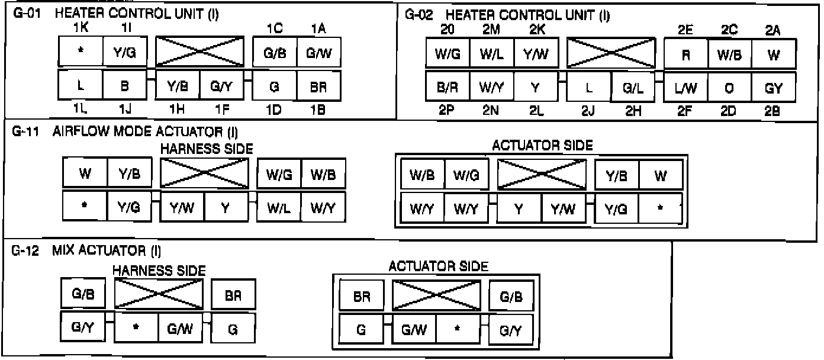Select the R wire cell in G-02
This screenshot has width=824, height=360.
(685, 54)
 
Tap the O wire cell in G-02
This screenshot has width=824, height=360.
(729, 88)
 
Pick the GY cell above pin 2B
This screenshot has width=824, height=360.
(773, 88)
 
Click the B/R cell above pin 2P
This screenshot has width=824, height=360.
(447, 88)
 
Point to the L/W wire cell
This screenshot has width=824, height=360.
(685, 88)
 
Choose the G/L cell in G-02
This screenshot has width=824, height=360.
(633, 88)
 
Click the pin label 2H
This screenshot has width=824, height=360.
(633, 110)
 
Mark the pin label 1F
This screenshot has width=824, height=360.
(221, 110)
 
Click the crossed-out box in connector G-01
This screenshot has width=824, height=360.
(199, 52)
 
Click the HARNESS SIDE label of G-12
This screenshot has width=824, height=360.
(159, 271)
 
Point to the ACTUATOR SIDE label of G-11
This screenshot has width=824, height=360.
(542, 146)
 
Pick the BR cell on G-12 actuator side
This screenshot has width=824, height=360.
(361, 297)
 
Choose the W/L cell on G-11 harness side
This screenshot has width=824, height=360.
(279, 207)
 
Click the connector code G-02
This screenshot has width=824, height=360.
(419, 15)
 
